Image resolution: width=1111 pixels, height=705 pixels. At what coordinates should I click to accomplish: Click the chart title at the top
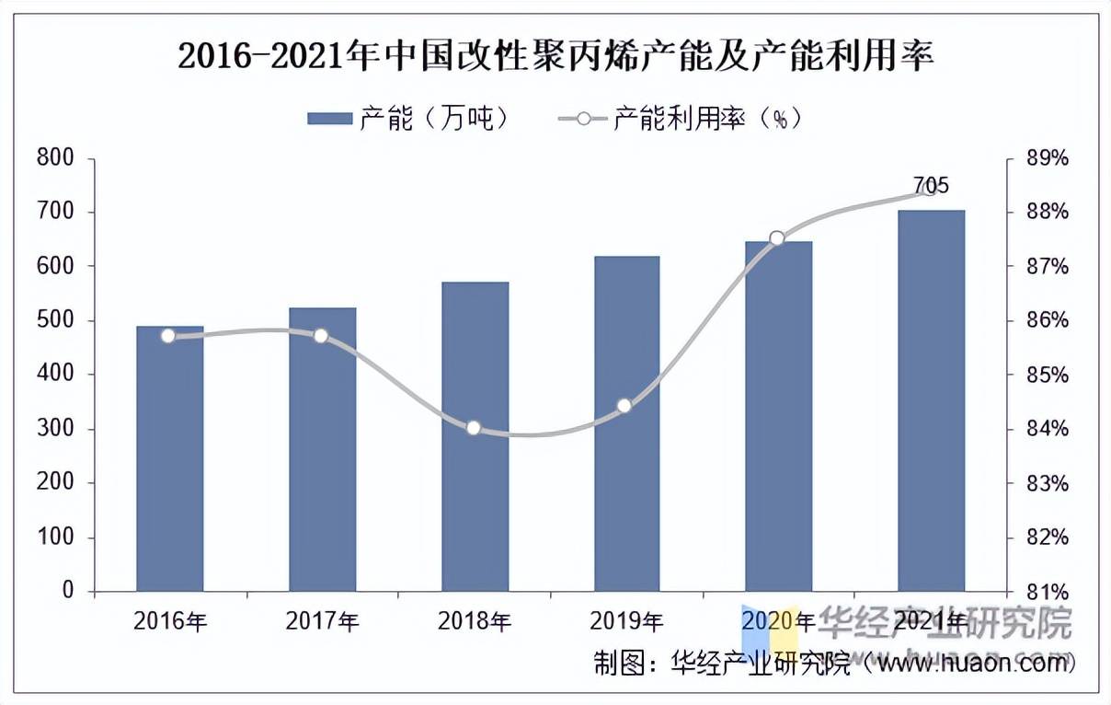555,57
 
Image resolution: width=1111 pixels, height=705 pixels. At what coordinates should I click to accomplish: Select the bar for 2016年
170,460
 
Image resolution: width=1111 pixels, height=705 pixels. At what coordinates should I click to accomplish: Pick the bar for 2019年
626,423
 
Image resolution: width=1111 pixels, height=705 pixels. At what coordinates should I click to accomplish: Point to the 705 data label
931,185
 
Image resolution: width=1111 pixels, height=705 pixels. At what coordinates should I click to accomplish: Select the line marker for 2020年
777,238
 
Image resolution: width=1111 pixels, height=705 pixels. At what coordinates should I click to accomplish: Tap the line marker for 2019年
624,406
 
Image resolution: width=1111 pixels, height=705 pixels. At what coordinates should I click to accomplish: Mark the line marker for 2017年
321,336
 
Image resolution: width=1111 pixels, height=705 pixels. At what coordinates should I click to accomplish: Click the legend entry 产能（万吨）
409,118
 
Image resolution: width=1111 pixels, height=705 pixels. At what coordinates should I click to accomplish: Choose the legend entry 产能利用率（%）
681,118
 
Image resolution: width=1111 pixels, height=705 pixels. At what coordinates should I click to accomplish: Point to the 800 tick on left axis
54,158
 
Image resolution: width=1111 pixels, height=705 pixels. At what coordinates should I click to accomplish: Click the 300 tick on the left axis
54,429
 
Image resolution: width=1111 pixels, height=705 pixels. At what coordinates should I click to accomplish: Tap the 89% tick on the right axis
1048,158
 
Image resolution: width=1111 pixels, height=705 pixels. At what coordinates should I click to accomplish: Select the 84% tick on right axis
1048,429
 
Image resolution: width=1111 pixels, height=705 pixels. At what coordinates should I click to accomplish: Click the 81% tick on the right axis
1048,591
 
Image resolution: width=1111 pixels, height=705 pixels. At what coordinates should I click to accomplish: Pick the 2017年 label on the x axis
322,621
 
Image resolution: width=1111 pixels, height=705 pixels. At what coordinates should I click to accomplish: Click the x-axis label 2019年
626,621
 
